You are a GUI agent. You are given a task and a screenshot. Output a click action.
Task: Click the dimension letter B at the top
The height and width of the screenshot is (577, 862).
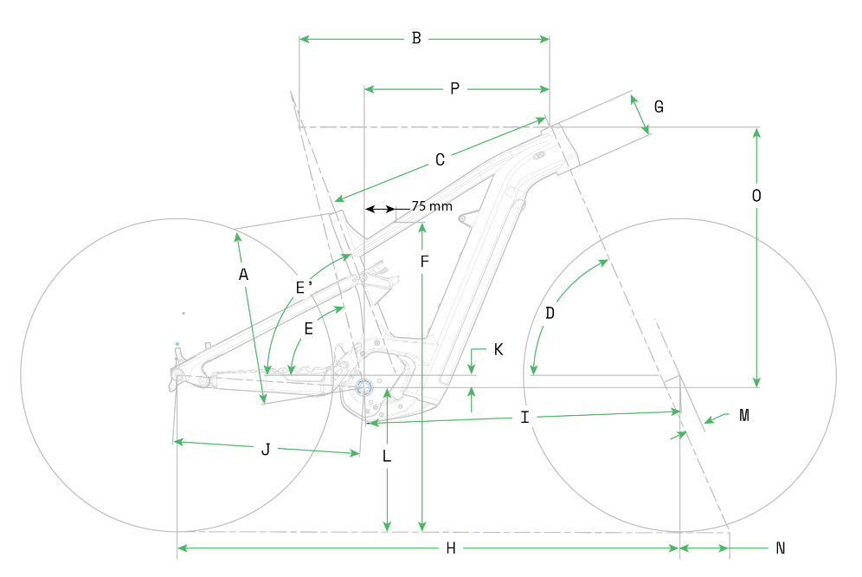click(416, 38)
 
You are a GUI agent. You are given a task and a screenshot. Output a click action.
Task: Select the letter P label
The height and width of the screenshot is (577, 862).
click(454, 88)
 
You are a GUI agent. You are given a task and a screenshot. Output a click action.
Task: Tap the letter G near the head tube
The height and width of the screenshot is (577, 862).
click(659, 107)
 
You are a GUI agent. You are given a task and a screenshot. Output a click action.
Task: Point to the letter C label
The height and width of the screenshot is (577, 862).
click(440, 160)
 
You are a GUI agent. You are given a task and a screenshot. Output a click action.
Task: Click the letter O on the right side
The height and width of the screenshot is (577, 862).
click(756, 197)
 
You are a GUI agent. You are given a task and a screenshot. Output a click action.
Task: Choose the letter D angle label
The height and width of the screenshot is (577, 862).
click(550, 313)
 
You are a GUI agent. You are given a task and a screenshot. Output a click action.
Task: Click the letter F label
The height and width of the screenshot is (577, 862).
click(423, 261)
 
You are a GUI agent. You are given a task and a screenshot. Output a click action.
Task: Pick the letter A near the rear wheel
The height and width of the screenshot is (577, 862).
click(243, 275)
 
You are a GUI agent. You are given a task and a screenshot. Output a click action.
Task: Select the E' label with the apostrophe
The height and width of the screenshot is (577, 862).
click(304, 288)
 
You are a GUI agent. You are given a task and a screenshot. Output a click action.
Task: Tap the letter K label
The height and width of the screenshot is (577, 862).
click(499, 350)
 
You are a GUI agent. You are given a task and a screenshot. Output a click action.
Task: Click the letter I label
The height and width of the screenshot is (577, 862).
click(524, 418)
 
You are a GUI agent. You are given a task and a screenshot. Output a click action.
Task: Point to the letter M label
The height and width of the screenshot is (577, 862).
click(743, 416)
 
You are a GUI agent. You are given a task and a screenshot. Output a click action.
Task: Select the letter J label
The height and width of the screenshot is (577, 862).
click(266, 450)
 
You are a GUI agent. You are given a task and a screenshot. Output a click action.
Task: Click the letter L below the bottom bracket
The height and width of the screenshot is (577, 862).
click(387, 456)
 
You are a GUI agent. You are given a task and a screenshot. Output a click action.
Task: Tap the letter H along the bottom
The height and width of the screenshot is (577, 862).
click(451, 548)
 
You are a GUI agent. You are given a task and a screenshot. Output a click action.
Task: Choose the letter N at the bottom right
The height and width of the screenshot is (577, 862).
click(780, 548)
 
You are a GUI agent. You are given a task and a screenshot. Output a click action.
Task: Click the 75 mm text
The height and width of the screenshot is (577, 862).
click(431, 207)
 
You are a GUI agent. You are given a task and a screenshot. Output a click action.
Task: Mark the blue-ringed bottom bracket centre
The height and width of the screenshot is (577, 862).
click(363, 387)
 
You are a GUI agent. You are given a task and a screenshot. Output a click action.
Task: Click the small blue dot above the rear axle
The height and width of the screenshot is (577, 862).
click(177, 344)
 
